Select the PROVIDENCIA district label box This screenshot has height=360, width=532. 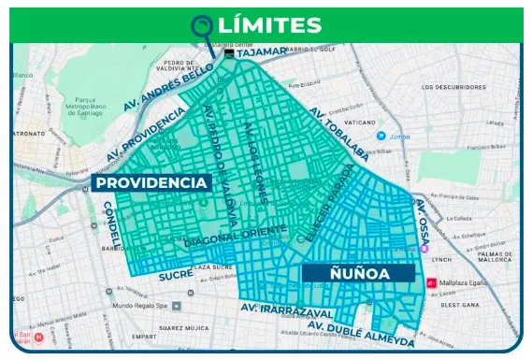pyautogui.click(x=151, y=182)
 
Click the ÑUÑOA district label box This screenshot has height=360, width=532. pyautogui.click(x=357, y=272)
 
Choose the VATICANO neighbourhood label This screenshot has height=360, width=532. pyautogui.click(x=359, y=122)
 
